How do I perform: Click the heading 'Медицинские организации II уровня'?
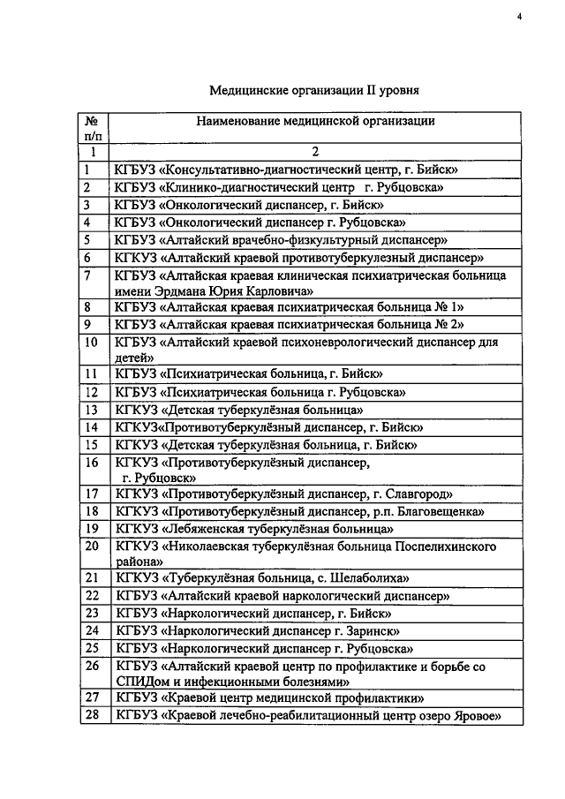click(313, 89)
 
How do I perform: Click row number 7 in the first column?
click(88, 275)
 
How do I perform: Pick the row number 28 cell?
click(90, 717)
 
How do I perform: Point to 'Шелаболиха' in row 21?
click(374, 578)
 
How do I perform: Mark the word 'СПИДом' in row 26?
click(140, 682)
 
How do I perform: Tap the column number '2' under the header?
click(315, 152)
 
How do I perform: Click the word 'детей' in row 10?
click(131, 357)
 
